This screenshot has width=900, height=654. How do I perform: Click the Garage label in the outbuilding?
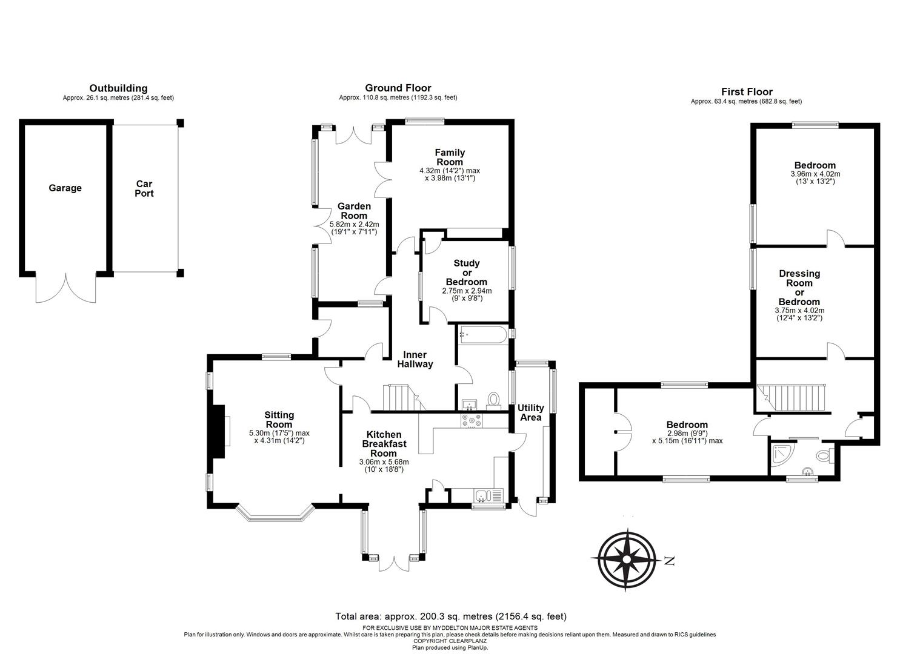pos(65,188)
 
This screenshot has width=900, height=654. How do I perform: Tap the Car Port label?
pos(144,189)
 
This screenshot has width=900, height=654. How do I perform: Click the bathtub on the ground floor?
pos(483,334)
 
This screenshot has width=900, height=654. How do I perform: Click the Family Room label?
pos(449,157)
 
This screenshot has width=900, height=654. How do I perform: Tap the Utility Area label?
pos(530,412)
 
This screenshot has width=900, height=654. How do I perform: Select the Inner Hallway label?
pos(415,360)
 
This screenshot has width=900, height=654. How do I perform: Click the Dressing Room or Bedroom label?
pos(799,288)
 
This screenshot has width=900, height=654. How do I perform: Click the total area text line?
pos(450,616)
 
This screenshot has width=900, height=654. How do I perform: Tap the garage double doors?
pos(66,289)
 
